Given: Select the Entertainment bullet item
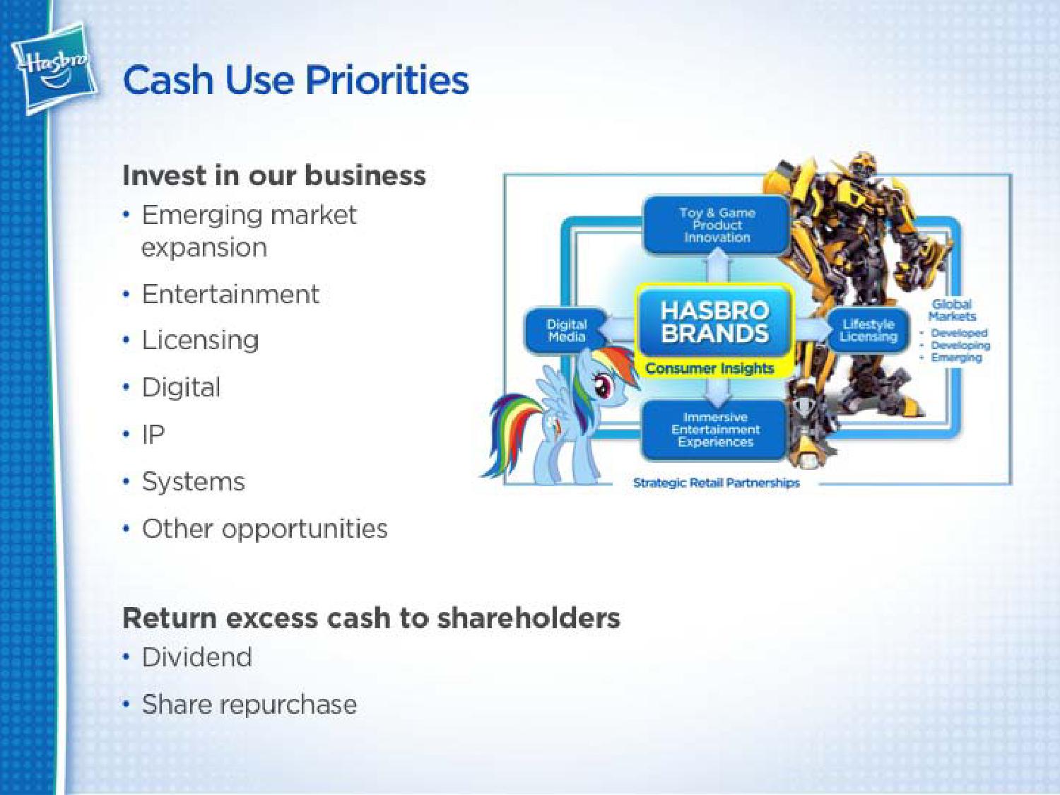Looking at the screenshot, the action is coord(230,294).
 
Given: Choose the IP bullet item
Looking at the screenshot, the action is coord(153,434).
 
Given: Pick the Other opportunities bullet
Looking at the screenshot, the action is coord(264,529).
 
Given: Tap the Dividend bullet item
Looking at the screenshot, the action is coord(197,656).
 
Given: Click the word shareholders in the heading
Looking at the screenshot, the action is coord(529,618).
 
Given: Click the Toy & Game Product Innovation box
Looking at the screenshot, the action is coord(717,225).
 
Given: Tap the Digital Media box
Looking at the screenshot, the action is coord(566,331).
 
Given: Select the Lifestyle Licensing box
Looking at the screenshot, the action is coord(868,330).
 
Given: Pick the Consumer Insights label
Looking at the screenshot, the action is coord(710,369).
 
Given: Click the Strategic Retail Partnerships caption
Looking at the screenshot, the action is coord(716,483).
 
